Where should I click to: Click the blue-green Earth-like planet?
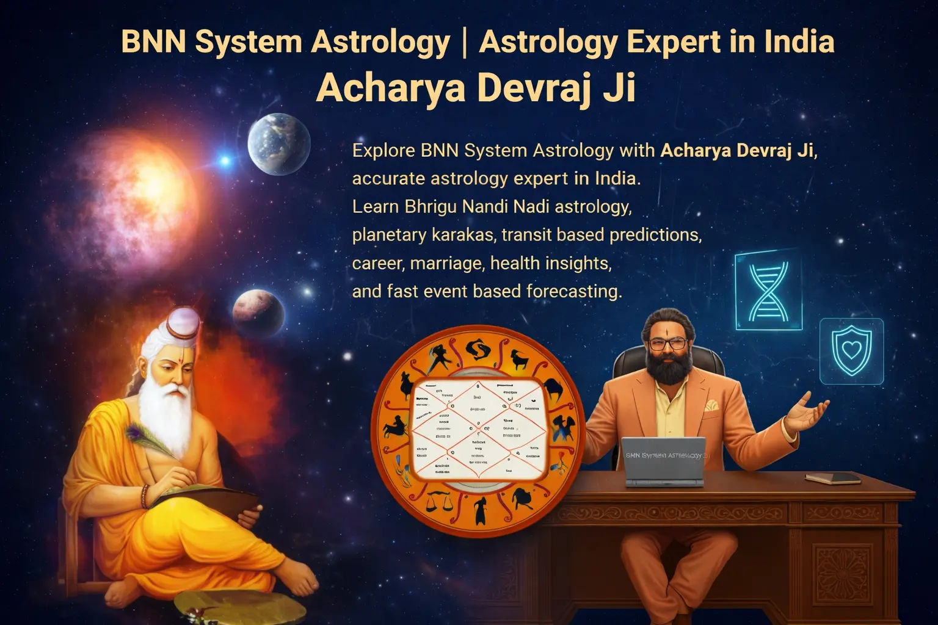click(x=279, y=144)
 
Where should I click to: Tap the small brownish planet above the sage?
click(x=258, y=311)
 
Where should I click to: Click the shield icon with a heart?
click(x=851, y=351)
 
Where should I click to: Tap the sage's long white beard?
click(x=166, y=415)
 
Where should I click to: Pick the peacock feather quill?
click(x=147, y=439)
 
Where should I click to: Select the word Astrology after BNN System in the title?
click(x=380, y=42)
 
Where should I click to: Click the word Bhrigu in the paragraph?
click(x=430, y=206)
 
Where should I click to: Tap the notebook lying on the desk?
click(x=832, y=478)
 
